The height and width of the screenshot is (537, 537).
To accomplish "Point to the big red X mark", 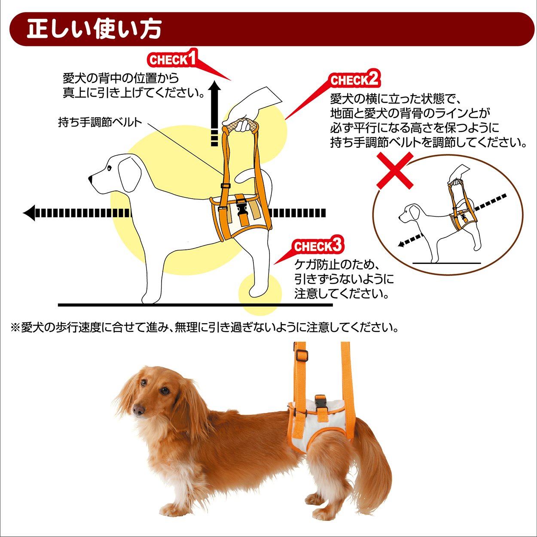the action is coord(395,170).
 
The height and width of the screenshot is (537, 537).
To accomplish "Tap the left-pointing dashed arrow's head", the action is coord(29,213).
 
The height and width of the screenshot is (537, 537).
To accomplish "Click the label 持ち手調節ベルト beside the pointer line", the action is coord(100,122).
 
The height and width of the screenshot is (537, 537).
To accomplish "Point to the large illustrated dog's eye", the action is coord(109,168).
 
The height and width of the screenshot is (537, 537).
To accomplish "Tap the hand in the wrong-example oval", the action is coord(459,173).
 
